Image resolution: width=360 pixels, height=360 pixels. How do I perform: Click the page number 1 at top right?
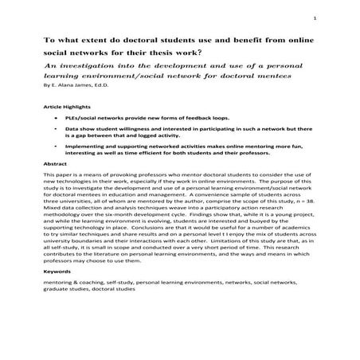[x=316, y=19]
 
